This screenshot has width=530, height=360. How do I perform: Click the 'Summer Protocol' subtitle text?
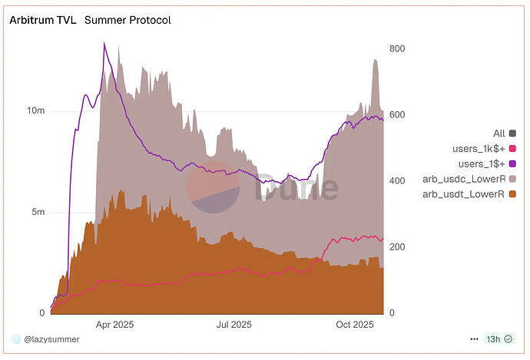(x=128, y=20)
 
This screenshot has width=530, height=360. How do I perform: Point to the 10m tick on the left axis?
(x=36, y=111)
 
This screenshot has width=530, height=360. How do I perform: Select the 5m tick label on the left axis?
(x=38, y=212)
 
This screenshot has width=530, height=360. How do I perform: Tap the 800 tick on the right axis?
(x=397, y=48)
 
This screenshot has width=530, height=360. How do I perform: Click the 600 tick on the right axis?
(x=397, y=115)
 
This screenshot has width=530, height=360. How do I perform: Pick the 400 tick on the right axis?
(x=397, y=181)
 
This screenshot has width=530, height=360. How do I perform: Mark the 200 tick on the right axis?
(x=397, y=247)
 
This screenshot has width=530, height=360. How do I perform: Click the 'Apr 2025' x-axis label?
(x=114, y=325)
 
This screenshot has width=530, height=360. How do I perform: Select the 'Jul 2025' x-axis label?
(x=233, y=325)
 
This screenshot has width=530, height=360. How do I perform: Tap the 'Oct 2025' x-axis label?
(x=353, y=325)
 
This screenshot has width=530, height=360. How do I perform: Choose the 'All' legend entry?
(x=499, y=134)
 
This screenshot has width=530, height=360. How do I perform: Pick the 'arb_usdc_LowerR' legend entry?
(x=469, y=179)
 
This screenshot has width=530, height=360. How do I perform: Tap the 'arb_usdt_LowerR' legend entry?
(x=469, y=194)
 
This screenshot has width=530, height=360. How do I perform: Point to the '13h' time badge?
(x=493, y=339)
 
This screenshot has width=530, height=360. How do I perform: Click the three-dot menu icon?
(x=473, y=339)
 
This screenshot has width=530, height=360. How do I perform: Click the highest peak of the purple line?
(x=104, y=43)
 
